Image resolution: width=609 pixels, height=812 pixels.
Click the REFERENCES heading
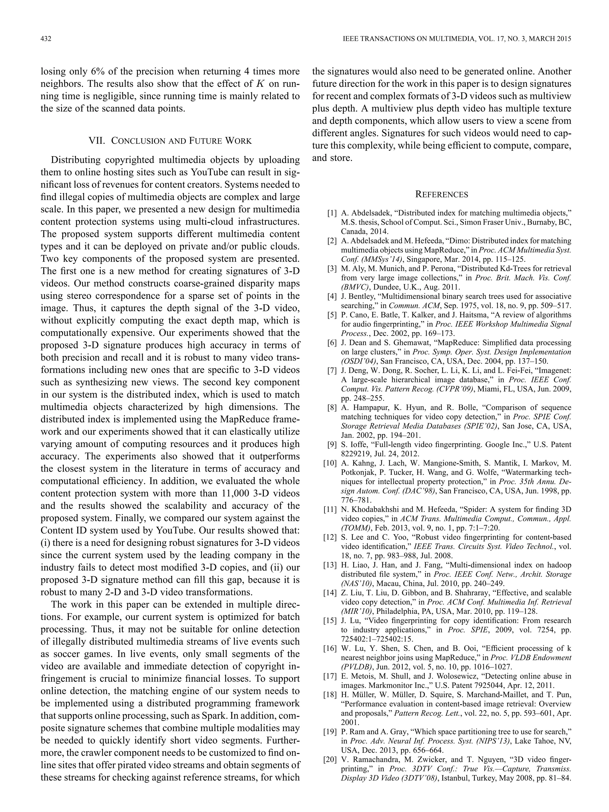441,195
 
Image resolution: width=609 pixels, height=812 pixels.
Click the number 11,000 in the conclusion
237,493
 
